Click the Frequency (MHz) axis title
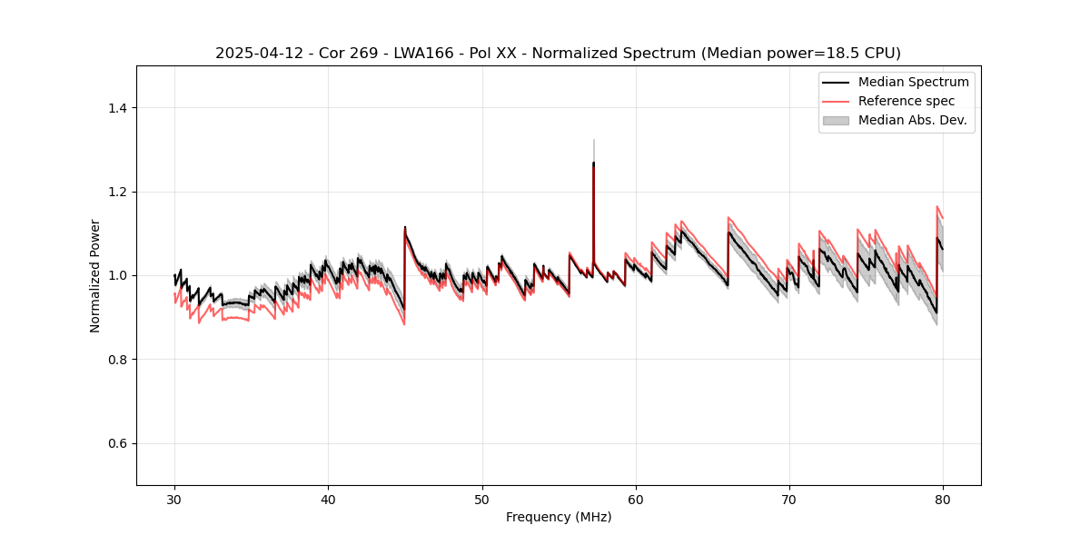click(559, 517)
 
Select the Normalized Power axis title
click(94, 275)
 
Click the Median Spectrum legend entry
click(913, 83)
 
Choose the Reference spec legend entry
click(906, 101)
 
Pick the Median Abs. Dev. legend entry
click(912, 120)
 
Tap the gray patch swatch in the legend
click(835, 120)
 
